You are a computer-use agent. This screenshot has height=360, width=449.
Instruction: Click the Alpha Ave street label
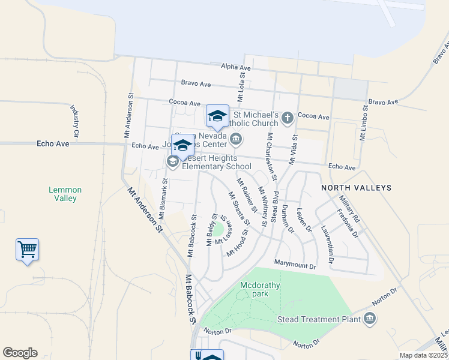[x=236, y=67]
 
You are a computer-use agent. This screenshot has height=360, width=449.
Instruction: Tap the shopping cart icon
[x=27, y=249]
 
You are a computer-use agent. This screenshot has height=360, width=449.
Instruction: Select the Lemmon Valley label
[x=65, y=194]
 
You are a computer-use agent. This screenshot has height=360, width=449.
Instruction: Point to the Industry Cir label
[x=76, y=121]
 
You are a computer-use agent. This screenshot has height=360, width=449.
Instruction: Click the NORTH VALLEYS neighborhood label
[x=356, y=188]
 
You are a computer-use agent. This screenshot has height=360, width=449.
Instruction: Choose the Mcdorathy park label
[x=260, y=289]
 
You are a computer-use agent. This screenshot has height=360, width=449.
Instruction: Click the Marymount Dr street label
[x=295, y=264]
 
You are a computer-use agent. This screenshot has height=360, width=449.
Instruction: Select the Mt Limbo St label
[x=364, y=122]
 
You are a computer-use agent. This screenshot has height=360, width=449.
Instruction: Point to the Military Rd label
[x=348, y=208]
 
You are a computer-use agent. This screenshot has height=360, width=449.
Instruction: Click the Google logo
[x=20, y=353]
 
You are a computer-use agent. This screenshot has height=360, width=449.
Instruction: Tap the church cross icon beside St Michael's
[x=288, y=118]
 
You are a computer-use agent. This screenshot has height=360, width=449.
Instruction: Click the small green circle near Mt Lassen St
[x=219, y=229]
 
